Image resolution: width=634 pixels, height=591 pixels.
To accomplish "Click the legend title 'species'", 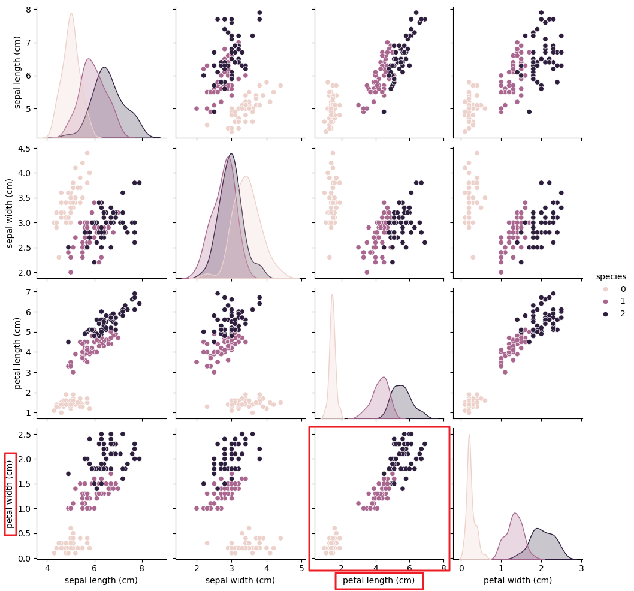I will [x=611, y=276].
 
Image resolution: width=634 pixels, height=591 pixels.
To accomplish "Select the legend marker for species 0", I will [x=605, y=289].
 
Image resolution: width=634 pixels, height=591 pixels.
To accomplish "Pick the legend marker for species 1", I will [x=605, y=301].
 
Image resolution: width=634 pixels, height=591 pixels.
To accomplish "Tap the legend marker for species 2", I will [x=605, y=314].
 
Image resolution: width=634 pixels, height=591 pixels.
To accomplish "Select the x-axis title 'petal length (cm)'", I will [x=379, y=580].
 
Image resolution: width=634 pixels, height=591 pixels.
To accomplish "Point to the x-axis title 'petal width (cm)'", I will [x=518, y=580].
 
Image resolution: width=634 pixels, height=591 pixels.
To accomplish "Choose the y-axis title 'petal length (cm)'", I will [x=17, y=354].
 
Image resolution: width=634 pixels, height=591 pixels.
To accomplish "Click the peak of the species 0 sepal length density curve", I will [x=71, y=13].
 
